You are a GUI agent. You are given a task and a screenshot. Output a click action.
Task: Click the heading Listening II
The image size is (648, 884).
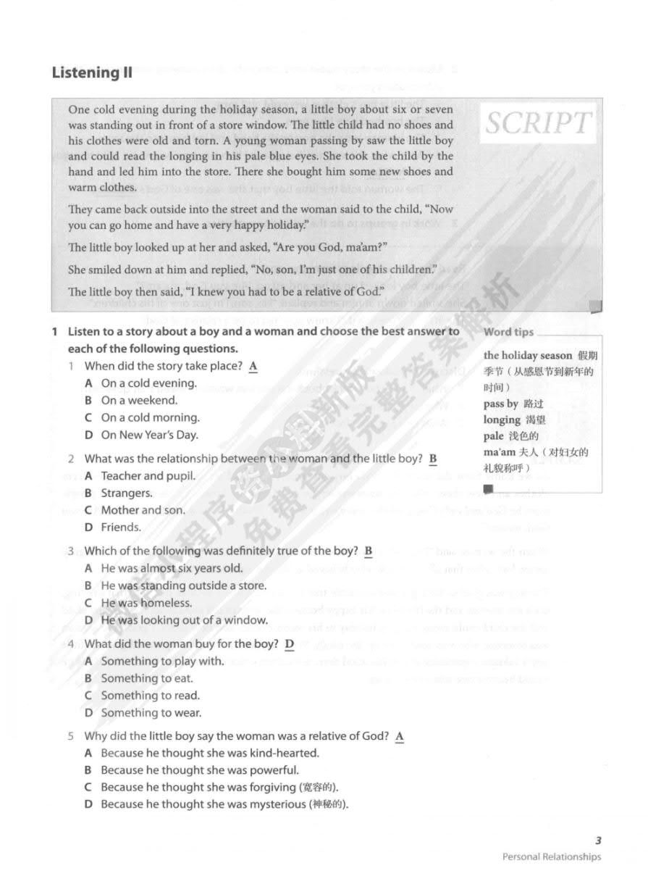(92, 72)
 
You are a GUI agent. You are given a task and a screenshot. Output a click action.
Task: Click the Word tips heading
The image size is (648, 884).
(508, 332)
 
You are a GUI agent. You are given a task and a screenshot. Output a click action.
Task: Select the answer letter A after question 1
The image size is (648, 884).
(253, 366)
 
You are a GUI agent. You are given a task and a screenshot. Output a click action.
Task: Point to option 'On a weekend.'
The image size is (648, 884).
(139, 400)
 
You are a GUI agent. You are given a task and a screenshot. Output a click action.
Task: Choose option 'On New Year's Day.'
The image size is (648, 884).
(149, 435)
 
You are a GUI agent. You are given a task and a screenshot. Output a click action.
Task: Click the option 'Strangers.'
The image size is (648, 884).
(127, 493)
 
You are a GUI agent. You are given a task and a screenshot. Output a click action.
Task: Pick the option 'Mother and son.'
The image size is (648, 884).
(143, 510)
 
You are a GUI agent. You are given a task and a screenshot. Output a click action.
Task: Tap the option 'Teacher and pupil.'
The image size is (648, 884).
(148, 476)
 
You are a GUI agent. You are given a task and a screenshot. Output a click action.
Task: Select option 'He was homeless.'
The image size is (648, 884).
(146, 603)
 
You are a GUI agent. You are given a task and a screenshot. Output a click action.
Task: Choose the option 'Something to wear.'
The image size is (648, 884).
(151, 713)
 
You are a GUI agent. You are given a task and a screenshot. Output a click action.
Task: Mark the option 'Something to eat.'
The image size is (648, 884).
(147, 678)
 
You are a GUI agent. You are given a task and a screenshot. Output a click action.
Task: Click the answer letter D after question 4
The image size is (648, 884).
(290, 643)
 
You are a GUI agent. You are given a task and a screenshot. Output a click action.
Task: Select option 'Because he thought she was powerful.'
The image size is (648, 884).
(199, 770)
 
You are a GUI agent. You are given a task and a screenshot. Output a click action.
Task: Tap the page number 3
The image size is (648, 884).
(598, 841)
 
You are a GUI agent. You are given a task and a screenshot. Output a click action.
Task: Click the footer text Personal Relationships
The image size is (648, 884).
(552, 857)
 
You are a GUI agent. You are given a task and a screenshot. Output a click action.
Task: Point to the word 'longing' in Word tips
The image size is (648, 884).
(502, 420)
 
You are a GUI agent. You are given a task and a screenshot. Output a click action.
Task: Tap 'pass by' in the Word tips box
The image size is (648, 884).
(501, 404)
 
